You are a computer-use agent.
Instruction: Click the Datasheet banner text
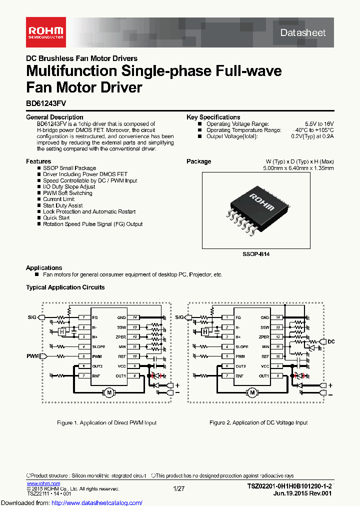(x=303, y=33)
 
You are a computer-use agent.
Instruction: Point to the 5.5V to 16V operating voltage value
(x=319, y=123)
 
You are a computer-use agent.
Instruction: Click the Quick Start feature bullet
(x=56, y=217)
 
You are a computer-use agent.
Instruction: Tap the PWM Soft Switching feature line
(x=67, y=193)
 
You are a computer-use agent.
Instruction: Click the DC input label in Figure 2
(x=330, y=341)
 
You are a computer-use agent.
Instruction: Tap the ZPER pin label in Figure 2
(x=263, y=337)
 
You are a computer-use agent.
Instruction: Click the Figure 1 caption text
(x=106, y=422)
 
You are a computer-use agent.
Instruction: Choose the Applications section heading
(x=44, y=268)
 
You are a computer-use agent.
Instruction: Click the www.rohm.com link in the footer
(x=43, y=483)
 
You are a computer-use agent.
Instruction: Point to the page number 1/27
(x=178, y=488)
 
